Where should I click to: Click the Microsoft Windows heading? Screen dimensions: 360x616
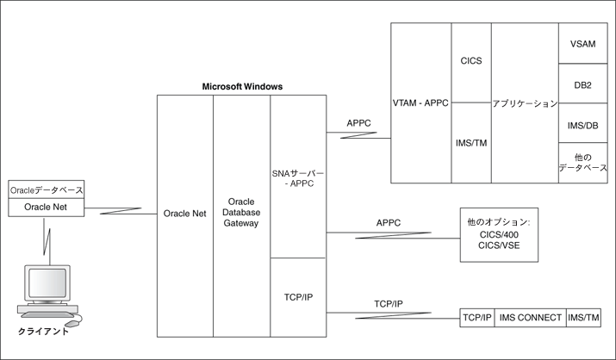pos(241,87)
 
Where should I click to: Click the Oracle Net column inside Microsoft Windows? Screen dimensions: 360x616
pos(184,214)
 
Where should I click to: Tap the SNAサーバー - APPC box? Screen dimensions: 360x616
pos(297,177)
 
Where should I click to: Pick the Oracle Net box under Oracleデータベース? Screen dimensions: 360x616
pos(46,207)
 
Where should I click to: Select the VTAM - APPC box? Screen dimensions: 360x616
pos(421,102)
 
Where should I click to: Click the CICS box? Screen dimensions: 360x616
pos(470,62)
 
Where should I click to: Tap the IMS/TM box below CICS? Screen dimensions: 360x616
pos(470,143)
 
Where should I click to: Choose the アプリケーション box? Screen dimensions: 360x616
pos(525,102)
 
